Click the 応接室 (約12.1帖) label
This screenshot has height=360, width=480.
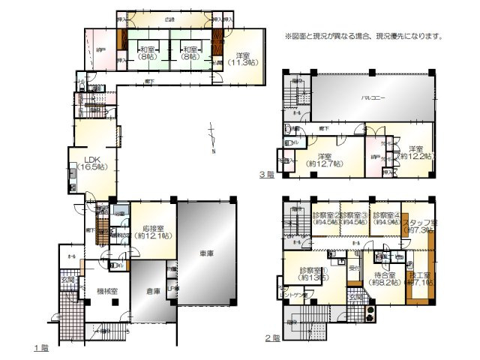point(151,232)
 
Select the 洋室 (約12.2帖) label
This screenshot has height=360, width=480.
point(410,152)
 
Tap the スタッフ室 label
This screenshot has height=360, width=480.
point(418,226)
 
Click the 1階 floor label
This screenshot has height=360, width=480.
point(40,348)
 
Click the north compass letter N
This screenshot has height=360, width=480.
point(214,153)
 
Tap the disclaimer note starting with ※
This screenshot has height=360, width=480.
point(364,35)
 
